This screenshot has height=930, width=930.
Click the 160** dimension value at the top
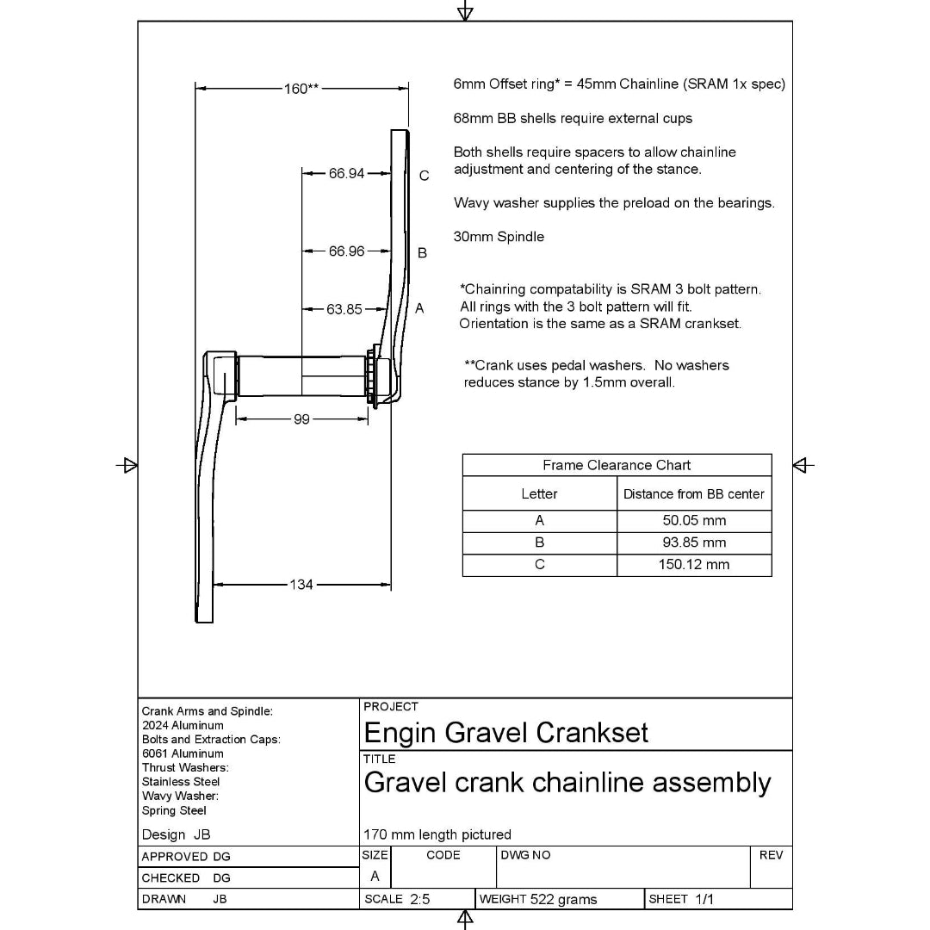(x=301, y=88)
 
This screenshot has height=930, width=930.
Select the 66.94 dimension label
(x=346, y=173)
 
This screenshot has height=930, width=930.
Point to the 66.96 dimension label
(x=346, y=251)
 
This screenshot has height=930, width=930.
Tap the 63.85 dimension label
(x=344, y=309)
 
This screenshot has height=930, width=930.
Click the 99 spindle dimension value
(x=301, y=419)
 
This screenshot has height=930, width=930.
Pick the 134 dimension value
(x=301, y=585)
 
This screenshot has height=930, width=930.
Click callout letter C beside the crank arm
(x=424, y=176)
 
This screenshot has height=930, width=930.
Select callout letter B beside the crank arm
(x=422, y=253)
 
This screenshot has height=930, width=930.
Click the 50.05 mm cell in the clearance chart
(x=694, y=520)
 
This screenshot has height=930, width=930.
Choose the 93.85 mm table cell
(x=694, y=542)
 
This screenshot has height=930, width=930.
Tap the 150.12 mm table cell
(x=694, y=565)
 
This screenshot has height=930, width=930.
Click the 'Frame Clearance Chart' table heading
(x=617, y=465)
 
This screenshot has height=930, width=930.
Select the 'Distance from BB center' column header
(x=694, y=494)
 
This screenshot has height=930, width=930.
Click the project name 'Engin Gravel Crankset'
(x=506, y=733)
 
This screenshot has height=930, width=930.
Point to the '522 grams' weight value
(x=563, y=899)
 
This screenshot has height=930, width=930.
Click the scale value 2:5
(x=420, y=899)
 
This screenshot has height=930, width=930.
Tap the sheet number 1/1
(x=704, y=899)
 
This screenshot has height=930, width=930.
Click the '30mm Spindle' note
(x=499, y=237)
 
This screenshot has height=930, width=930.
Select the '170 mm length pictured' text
(x=437, y=834)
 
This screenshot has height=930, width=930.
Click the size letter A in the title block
(x=375, y=876)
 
